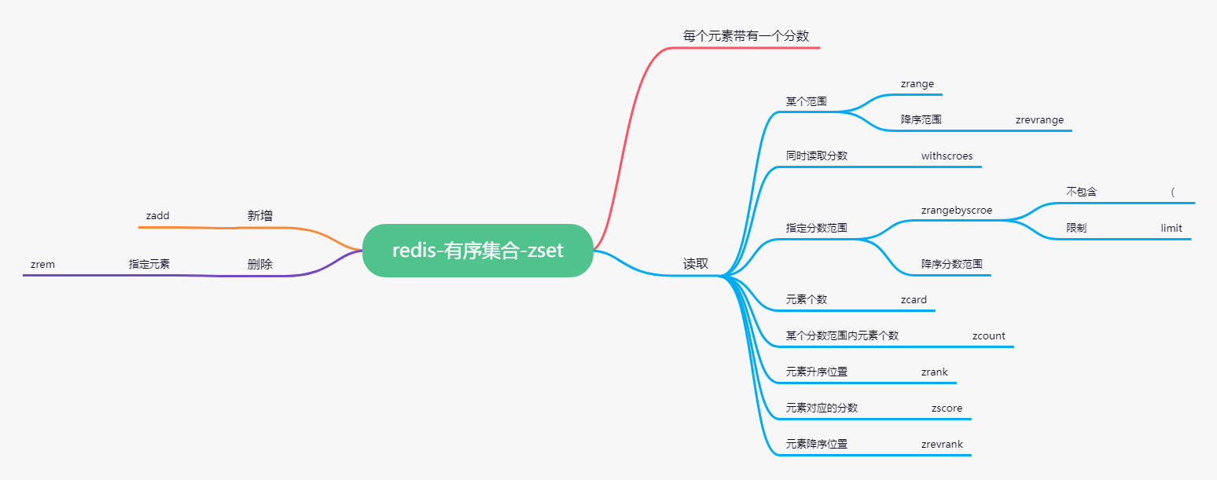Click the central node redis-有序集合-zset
click(x=477, y=251)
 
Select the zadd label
click(x=157, y=215)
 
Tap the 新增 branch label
click(x=260, y=215)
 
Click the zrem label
click(x=42, y=264)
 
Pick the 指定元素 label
click(x=149, y=264)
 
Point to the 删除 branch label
click(x=260, y=264)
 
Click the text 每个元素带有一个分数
click(x=746, y=35)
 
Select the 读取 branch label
click(x=696, y=264)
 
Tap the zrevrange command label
click(x=1039, y=120)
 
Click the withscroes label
click(x=947, y=156)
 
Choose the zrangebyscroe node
click(x=956, y=210)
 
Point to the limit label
click(x=1171, y=228)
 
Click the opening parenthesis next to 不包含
click(x=1173, y=192)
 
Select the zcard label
click(x=914, y=299)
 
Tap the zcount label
click(x=988, y=335)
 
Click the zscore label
click(x=947, y=408)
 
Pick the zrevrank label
click(x=942, y=444)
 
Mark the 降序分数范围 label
click(x=952, y=264)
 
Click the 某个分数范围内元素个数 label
click(x=842, y=335)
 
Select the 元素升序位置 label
click(x=817, y=372)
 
